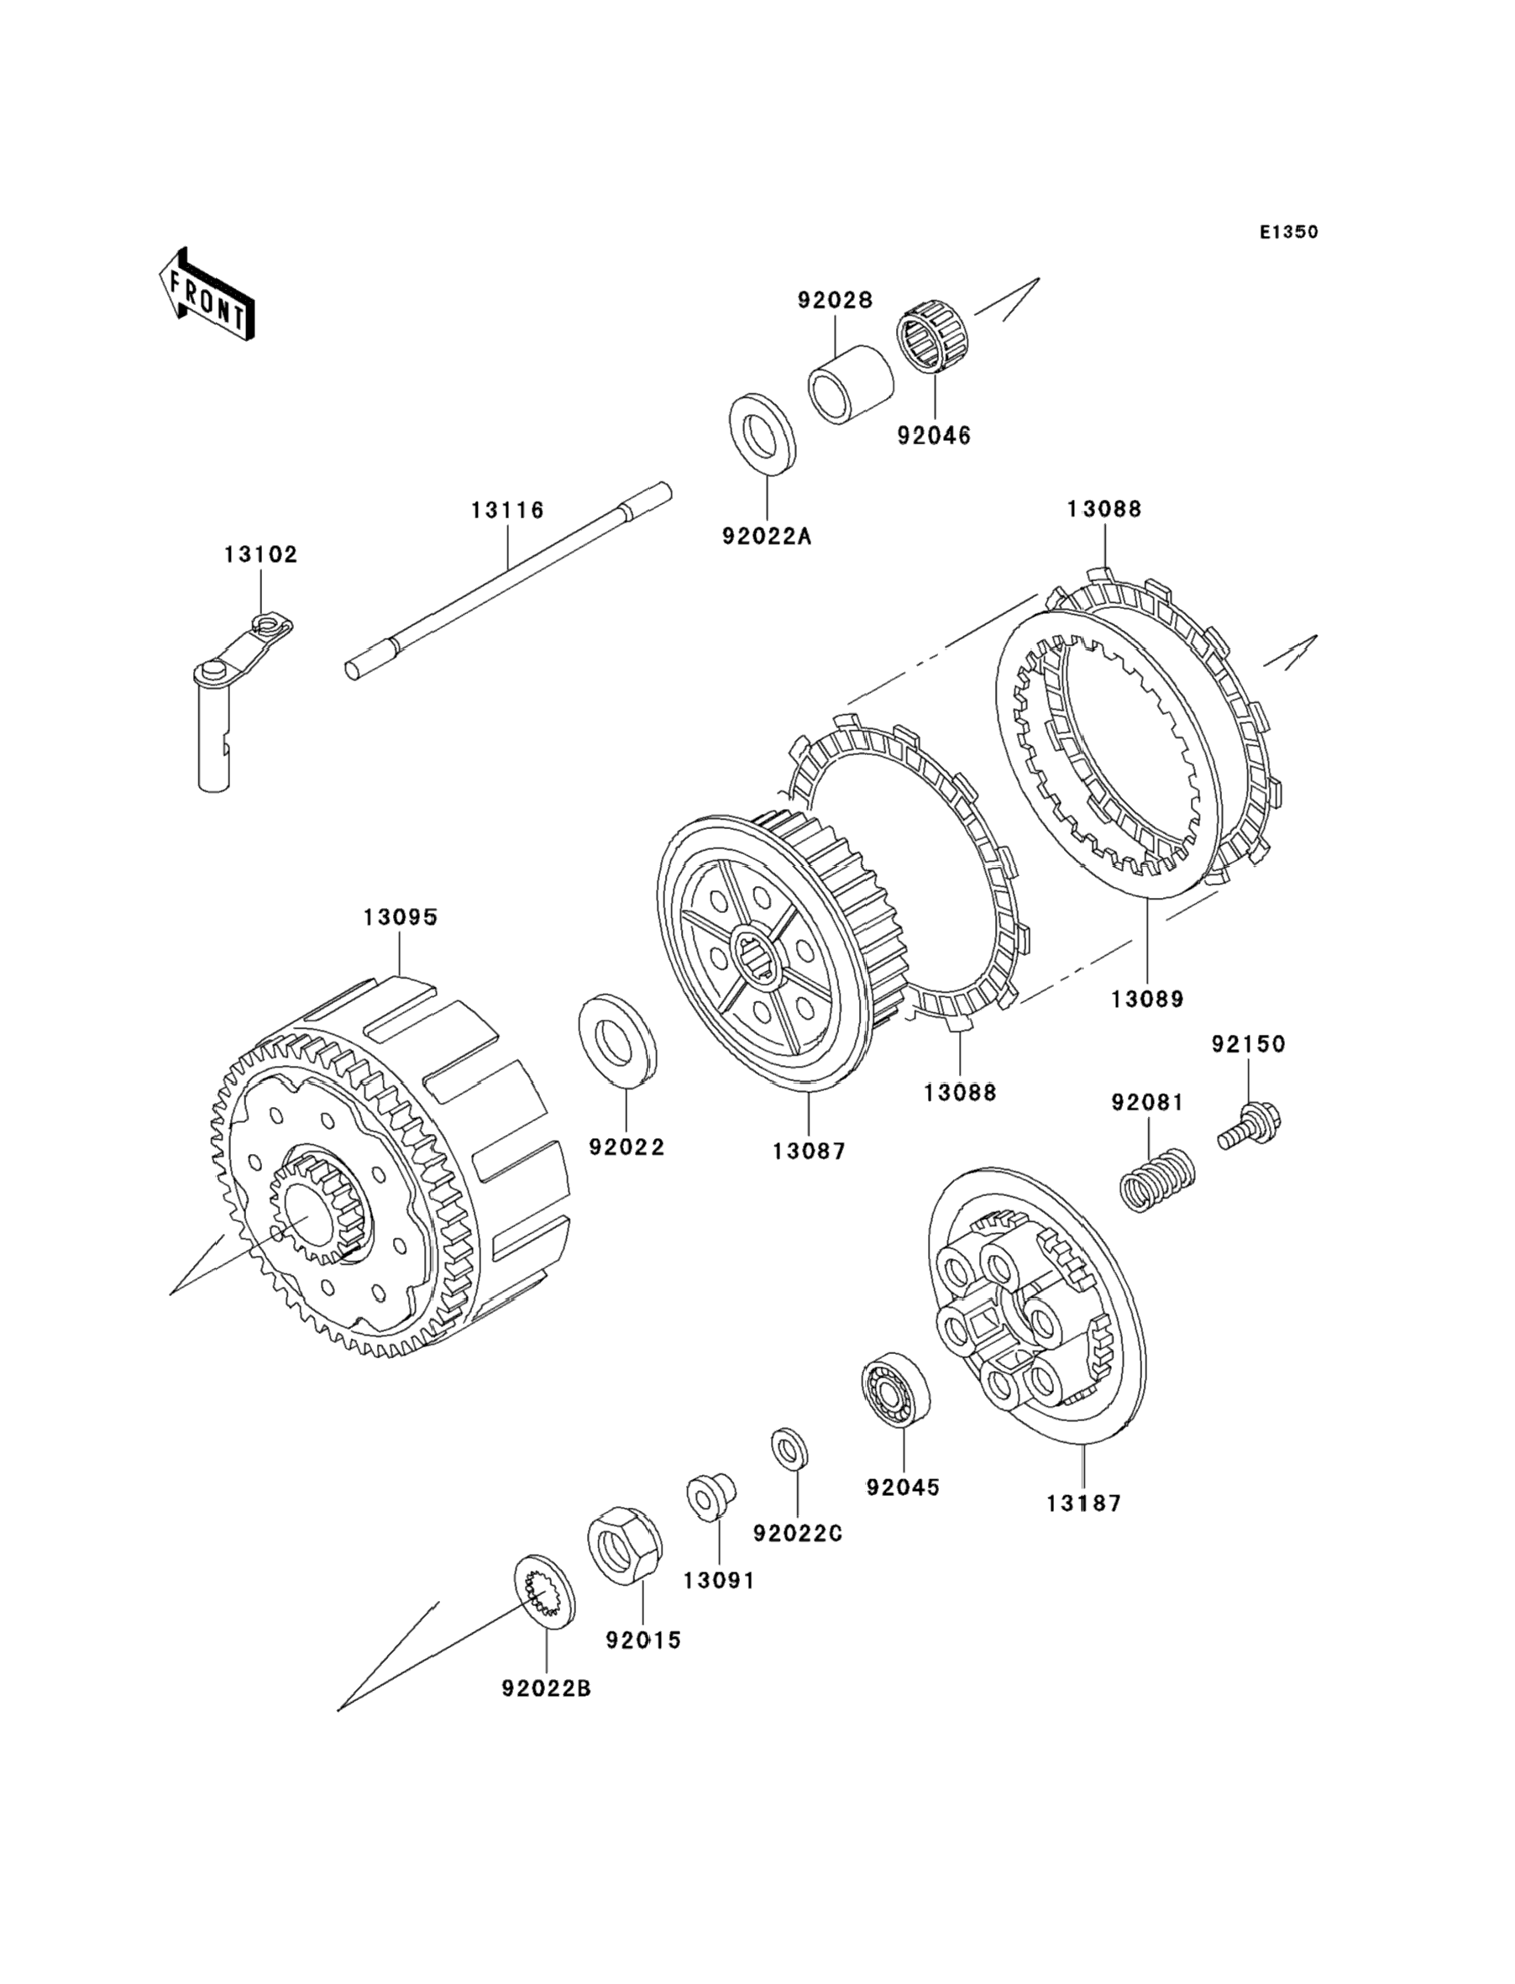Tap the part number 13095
(x=401, y=918)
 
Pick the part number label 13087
(x=809, y=1152)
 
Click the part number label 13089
(x=1147, y=1000)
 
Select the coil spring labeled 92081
(x=1157, y=1179)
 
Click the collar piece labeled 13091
(x=712, y=1496)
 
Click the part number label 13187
(x=1084, y=1504)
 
